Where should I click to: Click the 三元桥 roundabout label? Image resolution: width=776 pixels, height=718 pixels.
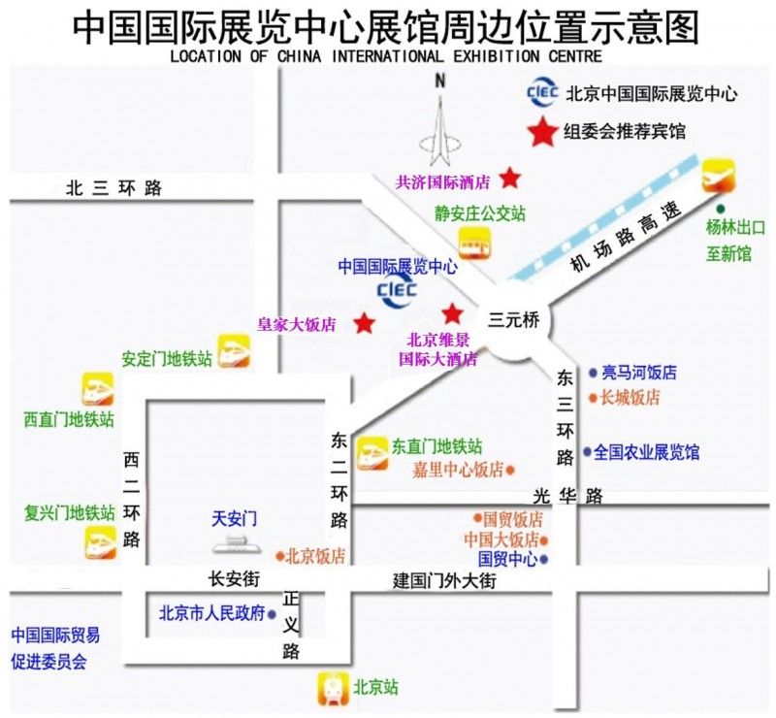tap(514, 319)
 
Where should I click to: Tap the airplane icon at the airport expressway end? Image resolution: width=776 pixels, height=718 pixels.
tap(719, 176)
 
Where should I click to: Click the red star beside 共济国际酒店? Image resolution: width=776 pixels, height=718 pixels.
tap(510, 178)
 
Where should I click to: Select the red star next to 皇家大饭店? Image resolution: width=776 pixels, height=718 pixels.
tap(365, 323)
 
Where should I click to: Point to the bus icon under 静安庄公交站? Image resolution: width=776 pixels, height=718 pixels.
tap(474, 243)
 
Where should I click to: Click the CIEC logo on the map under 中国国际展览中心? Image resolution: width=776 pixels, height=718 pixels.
tap(397, 290)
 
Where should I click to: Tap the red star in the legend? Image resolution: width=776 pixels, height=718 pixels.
tap(542, 131)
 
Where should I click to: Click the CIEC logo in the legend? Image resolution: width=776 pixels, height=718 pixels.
tap(542, 92)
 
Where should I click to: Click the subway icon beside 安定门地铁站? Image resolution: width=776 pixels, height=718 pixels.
tap(234, 351)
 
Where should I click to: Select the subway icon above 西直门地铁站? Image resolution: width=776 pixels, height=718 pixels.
tap(98, 389)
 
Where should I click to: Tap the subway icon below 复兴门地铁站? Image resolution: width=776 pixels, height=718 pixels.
tap(101, 543)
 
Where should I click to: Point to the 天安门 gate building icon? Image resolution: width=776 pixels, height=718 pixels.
tap(236, 543)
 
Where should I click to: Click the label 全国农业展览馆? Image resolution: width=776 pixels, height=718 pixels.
tap(646, 452)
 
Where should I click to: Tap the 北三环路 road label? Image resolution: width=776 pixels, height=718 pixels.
tap(113, 188)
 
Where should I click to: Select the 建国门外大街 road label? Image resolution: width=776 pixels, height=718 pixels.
tap(444, 581)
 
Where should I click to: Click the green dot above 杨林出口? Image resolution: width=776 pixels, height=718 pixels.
tap(721, 209)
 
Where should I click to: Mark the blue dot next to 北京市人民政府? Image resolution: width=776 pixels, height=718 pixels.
tap(272, 614)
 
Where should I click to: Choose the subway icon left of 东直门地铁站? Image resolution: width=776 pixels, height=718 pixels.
tap(372, 452)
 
